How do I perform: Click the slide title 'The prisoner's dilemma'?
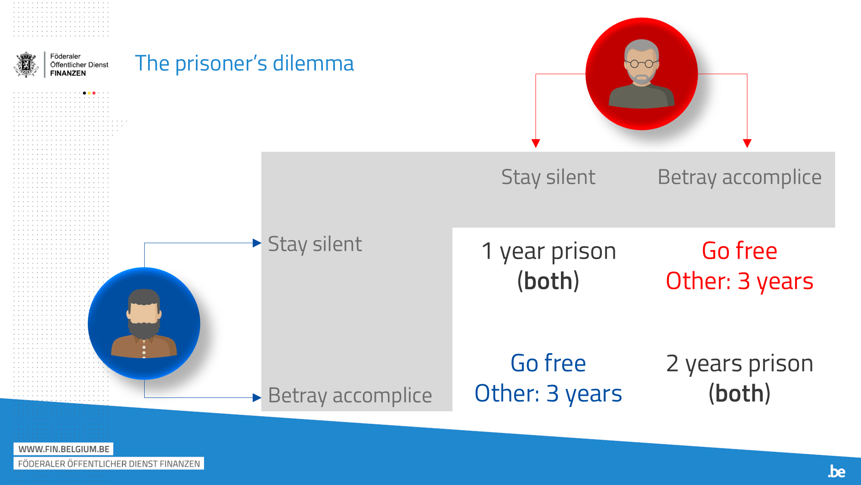click(x=244, y=63)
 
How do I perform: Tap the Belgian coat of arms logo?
click(x=26, y=65)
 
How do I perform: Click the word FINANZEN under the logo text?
click(x=68, y=73)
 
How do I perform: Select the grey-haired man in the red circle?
click(x=641, y=74)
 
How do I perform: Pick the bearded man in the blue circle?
click(x=144, y=323)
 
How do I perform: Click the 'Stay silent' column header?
click(x=548, y=177)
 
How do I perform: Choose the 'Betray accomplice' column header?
click(x=740, y=177)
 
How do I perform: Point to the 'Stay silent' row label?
click(x=315, y=244)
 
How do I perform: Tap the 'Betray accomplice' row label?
click(x=350, y=395)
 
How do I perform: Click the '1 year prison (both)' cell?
click(x=548, y=266)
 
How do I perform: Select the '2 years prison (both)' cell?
click(x=740, y=378)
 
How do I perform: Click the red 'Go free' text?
click(x=740, y=250)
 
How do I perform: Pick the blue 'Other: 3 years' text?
click(x=548, y=393)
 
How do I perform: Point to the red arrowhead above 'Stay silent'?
click(x=536, y=144)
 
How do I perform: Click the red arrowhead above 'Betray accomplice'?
click(x=747, y=144)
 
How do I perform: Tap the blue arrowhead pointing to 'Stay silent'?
click(x=257, y=243)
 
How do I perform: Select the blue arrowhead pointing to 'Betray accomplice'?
click(x=257, y=397)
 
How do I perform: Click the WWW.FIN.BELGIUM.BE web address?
click(x=64, y=449)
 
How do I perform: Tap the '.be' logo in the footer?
click(x=836, y=471)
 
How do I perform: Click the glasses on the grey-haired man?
click(x=641, y=64)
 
